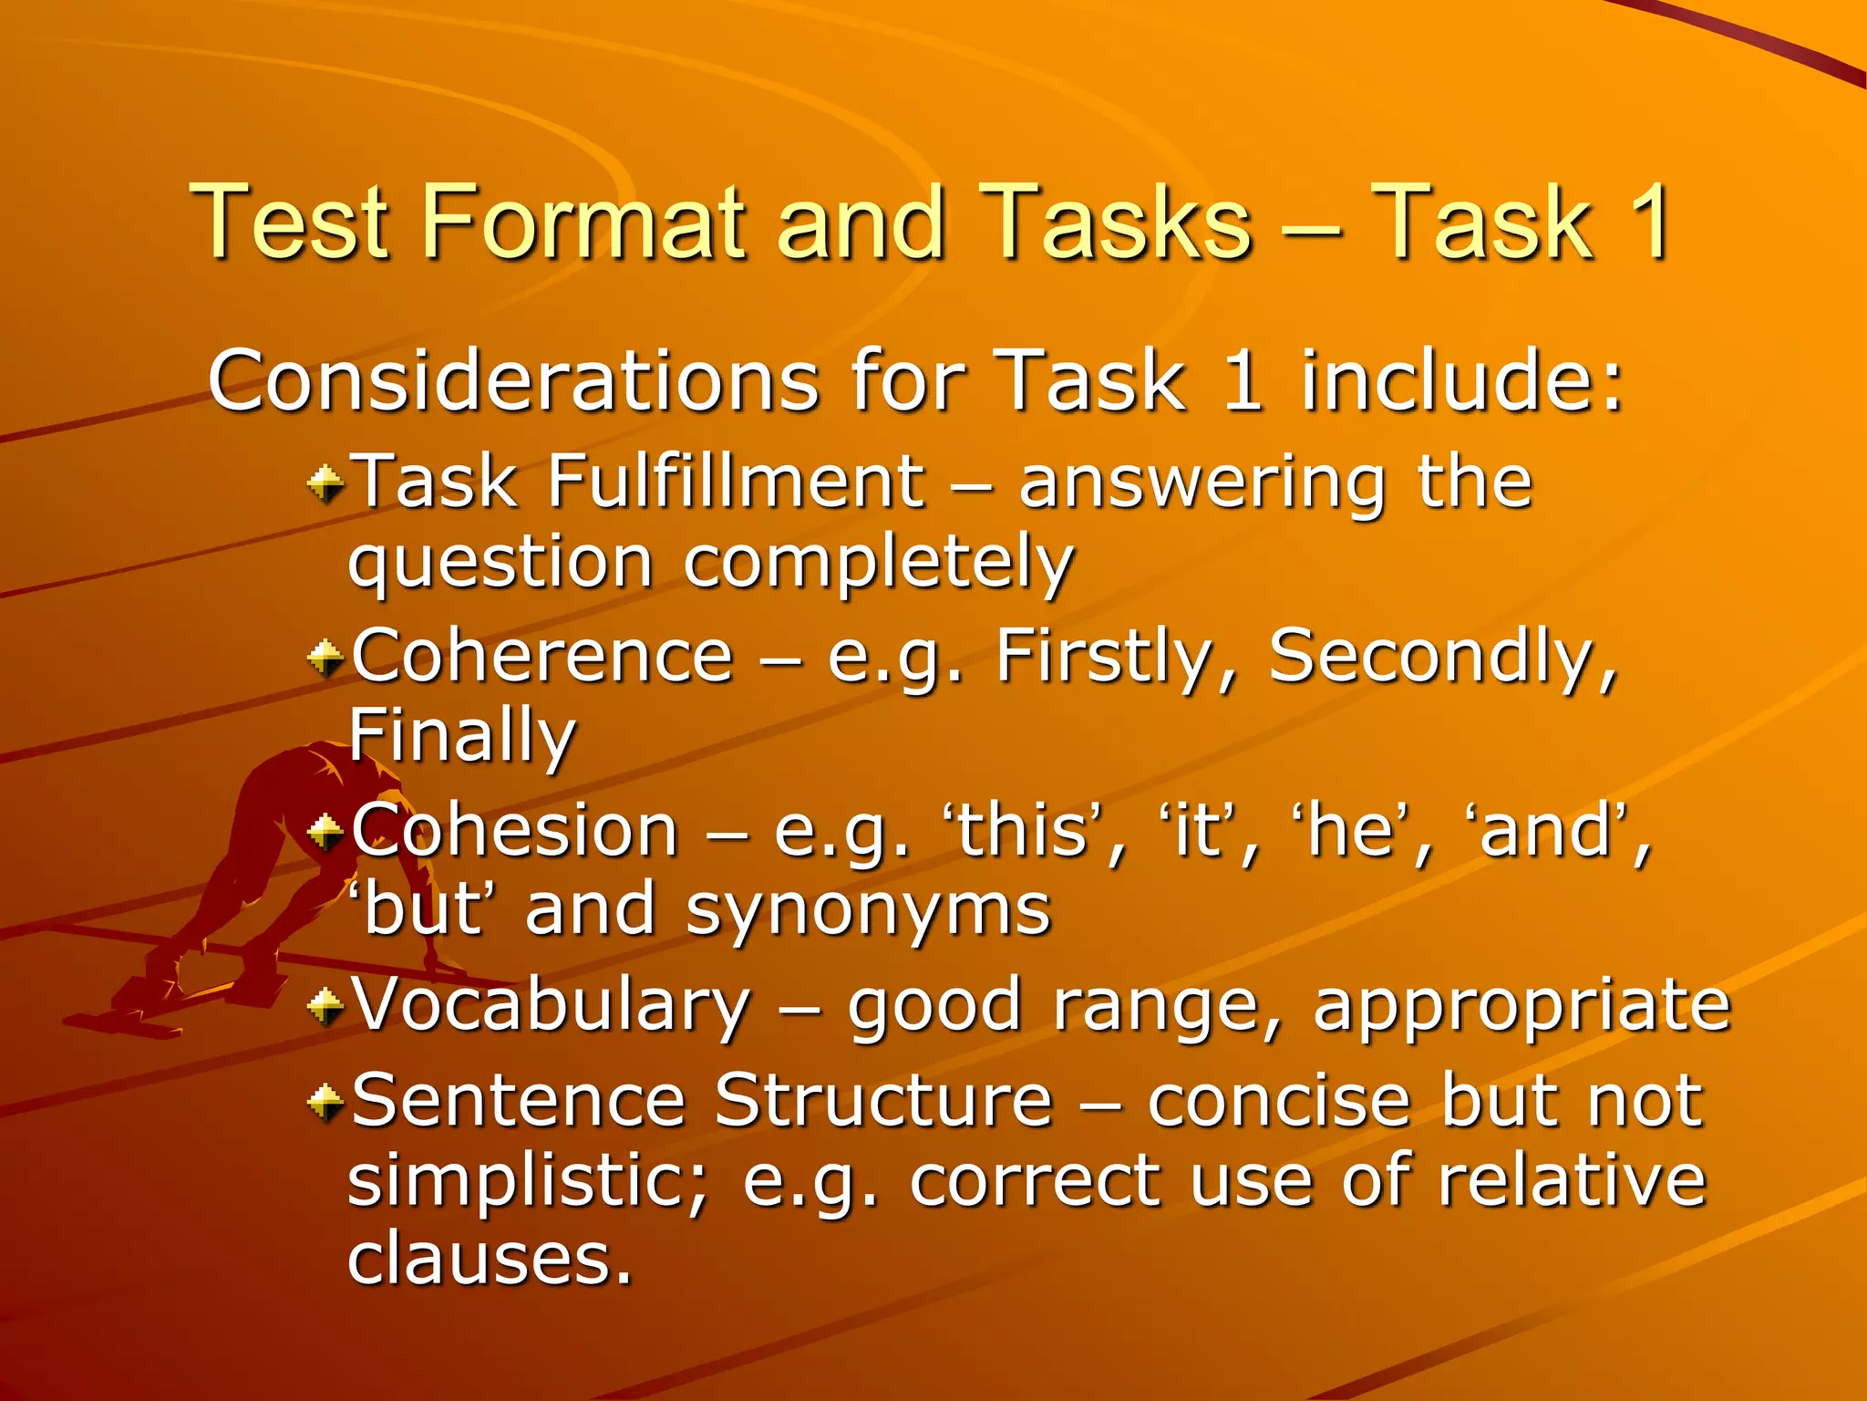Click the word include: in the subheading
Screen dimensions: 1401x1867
[x=1462, y=381]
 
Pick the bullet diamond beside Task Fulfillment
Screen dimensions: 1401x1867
[x=325, y=483]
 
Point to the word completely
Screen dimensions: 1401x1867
[x=879, y=564]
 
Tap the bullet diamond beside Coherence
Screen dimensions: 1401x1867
[x=325, y=658]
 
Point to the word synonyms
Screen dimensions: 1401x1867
[x=868, y=910]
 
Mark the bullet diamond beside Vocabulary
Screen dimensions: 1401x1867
[x=325, y=1007]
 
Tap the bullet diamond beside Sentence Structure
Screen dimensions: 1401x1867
[x=325, y=1103]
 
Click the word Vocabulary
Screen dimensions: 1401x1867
[x=551, y=1007]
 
